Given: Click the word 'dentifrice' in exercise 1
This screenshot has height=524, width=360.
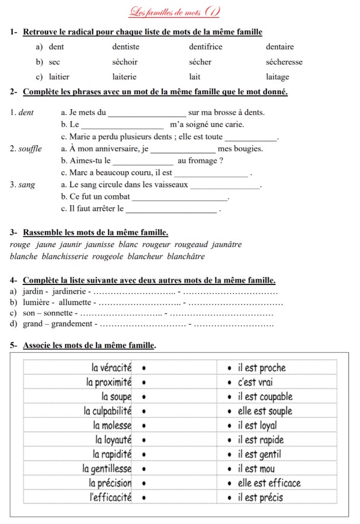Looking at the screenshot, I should pyautogui.click(x=205, y=47).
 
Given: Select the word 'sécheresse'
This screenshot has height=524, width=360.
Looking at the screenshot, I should pyautogui.click(x=284, y=62).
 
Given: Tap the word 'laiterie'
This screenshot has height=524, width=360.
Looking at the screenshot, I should pyautogui.click(x=125, y=77).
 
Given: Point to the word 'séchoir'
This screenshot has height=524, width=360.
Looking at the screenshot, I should pyautogui.click(x=125, y=62).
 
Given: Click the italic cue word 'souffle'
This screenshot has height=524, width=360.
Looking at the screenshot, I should pyautogui.click(x=30, y=149).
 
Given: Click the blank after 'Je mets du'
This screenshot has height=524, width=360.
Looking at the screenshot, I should pyautogui.click(x=147, y=113).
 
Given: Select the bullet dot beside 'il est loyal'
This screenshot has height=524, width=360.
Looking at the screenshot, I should pyautogui.click(x=230, y=426).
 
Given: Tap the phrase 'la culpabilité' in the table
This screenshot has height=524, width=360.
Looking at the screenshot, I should pyautogui.click(x=108, y=411).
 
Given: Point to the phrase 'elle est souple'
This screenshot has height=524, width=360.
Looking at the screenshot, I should pyautogui.click(x=265, y=411).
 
